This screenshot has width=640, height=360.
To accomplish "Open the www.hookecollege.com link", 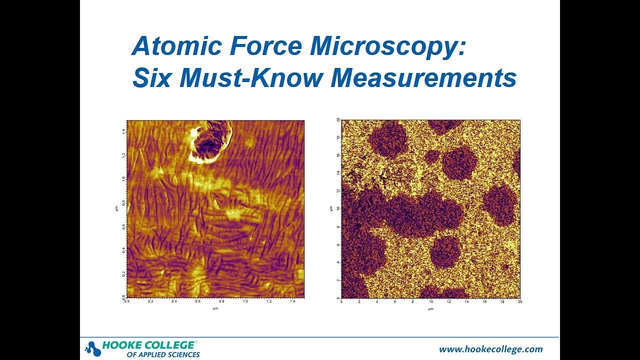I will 490,349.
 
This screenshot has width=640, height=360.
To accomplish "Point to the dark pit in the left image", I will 206,145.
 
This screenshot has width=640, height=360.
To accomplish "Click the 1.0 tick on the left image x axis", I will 245,302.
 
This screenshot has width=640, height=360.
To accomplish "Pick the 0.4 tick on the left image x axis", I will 174,302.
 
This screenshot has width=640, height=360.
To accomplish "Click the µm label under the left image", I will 215,308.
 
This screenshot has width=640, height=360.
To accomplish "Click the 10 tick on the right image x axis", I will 430,302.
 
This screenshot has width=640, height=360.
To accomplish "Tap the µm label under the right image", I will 430,308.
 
